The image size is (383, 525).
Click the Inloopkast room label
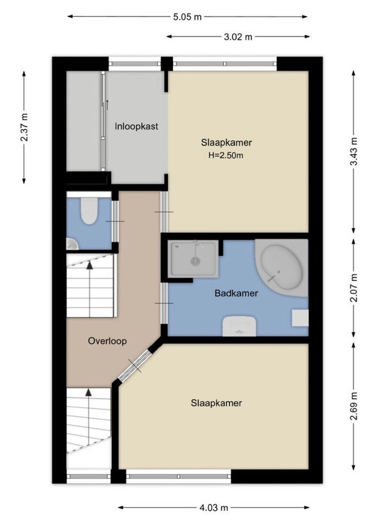pos(136,126)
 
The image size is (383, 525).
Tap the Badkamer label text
pos(236,293)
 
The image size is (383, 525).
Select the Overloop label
pos(107,341)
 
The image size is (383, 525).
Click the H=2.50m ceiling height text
pos(226,156)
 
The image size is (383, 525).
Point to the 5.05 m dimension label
pos(187,17)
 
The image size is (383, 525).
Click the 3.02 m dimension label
pos(238,36)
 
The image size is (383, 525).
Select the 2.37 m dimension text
pos(24,127)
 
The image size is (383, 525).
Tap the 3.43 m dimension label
pos(354,152)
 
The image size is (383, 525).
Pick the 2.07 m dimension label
pos(354,288)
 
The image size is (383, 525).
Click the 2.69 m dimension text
pos(354,406)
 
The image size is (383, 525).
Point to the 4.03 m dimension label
pos(214,508)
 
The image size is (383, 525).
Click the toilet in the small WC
pos(89,211)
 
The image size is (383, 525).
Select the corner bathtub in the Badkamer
pos(281,267)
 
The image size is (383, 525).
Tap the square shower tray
pos(193,259)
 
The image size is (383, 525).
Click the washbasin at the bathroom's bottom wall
pos(239,326)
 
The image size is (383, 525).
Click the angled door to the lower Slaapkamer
pos(135,366)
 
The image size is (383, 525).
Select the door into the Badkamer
pos(164,304)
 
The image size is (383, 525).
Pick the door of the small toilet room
pos(115,221)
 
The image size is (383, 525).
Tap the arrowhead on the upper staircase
pos(89,265)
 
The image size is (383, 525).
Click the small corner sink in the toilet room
pos(72,244)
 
